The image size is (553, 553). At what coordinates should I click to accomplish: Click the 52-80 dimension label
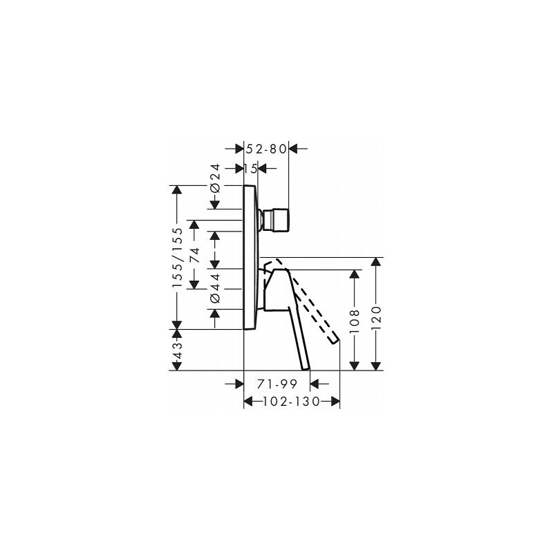tap(266, 148)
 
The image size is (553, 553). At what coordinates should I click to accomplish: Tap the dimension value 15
tap(250, 168)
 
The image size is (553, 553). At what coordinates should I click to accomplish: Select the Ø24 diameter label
tap(215, 179)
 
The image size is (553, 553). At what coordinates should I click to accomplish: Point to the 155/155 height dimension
tap(178, 258)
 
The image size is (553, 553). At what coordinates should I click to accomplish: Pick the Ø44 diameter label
tap(215, 288)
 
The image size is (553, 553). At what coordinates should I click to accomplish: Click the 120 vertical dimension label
tap(375, 320)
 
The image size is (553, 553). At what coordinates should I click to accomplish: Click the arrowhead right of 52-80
tap(292, 148)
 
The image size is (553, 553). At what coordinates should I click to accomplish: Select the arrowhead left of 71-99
tap(238, 382)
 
